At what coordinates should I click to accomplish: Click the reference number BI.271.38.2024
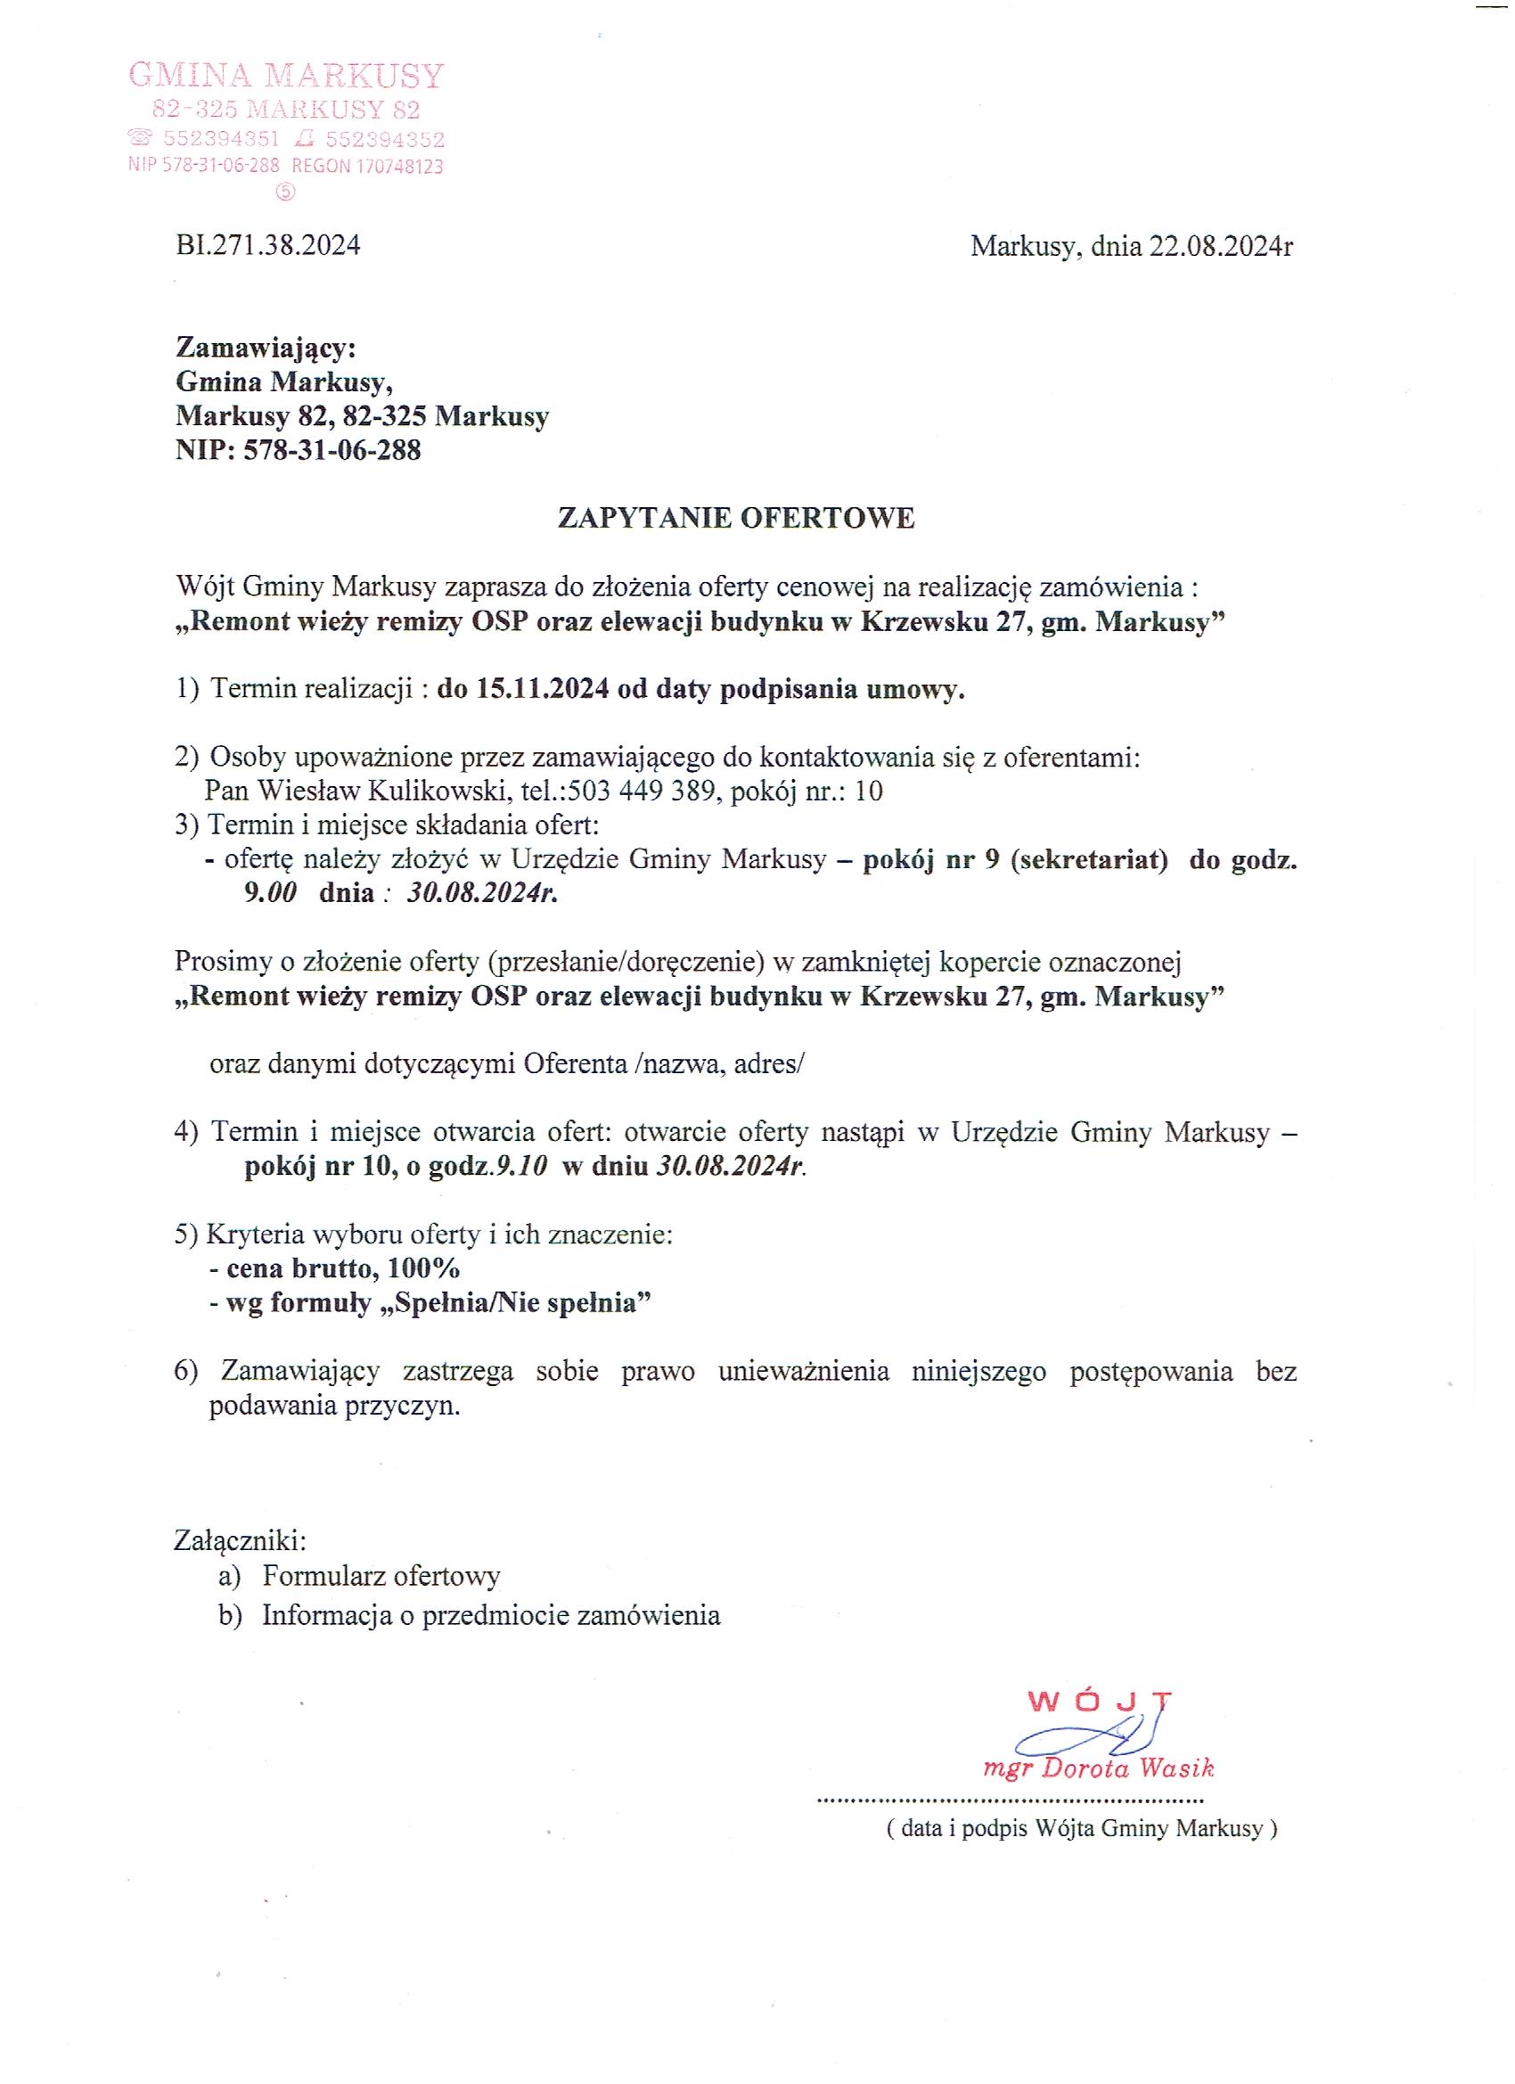click(x=267, y=245)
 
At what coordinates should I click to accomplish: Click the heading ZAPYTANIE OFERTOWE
click(x=736, y=518)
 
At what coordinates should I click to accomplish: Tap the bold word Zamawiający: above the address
click(x=266, y=349)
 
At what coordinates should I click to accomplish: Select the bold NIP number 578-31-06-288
click(x=331, y=450)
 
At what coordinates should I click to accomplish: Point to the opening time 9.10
click(x=522, y=1166)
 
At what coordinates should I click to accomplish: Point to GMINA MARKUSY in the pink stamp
click(x=287, y=76)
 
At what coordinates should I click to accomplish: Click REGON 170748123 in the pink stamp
click(x=367, y=167)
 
